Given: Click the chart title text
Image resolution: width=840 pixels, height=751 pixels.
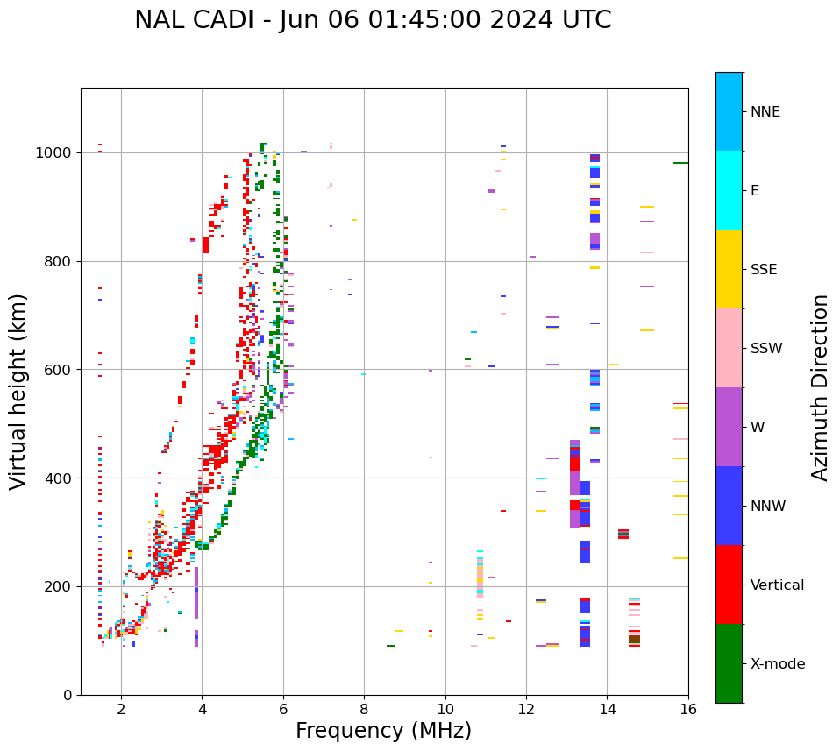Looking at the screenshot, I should tap(373, 20).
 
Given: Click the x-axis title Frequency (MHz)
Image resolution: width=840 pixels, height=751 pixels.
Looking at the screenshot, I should tap(383, 731).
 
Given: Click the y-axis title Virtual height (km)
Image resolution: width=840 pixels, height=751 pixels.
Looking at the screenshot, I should tap(18, 391).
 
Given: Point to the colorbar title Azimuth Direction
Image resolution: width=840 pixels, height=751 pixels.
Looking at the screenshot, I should tap(820, 387).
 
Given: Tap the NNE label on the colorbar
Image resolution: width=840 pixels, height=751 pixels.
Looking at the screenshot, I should tap(765, 112).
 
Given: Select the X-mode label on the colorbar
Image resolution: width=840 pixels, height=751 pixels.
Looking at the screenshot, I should tap(777, 664).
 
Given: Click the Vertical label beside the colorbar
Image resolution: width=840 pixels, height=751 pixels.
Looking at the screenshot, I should tap(777, 585).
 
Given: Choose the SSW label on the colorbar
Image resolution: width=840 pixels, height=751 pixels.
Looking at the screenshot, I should tap(766, 349).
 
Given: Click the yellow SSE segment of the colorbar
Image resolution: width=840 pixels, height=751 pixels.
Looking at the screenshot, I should tap(729, 269).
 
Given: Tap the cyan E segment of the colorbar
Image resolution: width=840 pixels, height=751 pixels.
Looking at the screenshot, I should tap(729, 190).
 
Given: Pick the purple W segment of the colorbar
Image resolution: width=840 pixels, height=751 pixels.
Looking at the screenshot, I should tap(729, 427).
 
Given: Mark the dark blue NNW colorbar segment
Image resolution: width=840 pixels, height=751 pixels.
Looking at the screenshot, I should tap(729, 506).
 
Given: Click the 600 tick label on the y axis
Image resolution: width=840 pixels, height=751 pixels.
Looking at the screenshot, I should tap(61, 370).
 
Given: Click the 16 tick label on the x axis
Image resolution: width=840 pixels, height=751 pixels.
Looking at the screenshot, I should tap(688, 710).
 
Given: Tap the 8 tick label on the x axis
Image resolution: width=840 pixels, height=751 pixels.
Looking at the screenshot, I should tap(364, 710).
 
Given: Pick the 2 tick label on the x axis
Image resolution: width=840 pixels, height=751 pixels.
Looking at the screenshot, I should tap(121, 710).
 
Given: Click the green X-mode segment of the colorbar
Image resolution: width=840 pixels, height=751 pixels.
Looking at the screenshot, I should tap(729, 663).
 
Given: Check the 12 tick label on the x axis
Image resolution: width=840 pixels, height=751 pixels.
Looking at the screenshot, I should tap(526, 710).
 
